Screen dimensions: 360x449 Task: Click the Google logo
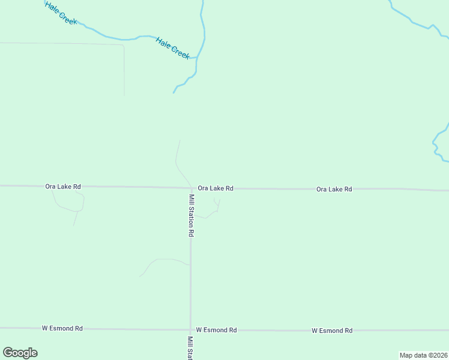(20, 353)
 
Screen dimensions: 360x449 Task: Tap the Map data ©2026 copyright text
(423, 355)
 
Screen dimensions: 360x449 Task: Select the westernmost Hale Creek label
(61, 13)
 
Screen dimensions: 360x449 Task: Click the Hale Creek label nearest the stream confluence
(173, 48)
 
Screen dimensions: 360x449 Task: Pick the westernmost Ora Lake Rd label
(63, 187)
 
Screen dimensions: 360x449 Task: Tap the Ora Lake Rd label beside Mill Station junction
(215, 188)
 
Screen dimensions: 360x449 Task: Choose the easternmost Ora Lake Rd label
(334, 189)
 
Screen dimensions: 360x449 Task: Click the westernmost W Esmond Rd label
(62, 328)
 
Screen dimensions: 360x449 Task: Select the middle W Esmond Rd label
(217, 330)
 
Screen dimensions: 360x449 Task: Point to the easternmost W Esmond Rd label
(332, 331)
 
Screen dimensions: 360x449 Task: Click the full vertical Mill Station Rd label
(191, 215)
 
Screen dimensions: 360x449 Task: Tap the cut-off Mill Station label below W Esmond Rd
(190, 347)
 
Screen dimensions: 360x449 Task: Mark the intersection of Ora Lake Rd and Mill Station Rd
(191, 188)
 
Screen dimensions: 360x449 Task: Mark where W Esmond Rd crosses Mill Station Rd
(191, 329)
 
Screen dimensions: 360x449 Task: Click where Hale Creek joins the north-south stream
(197, 57)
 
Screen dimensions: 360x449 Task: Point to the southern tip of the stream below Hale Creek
(174, 92)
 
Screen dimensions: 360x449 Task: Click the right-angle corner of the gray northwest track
(123, 46)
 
